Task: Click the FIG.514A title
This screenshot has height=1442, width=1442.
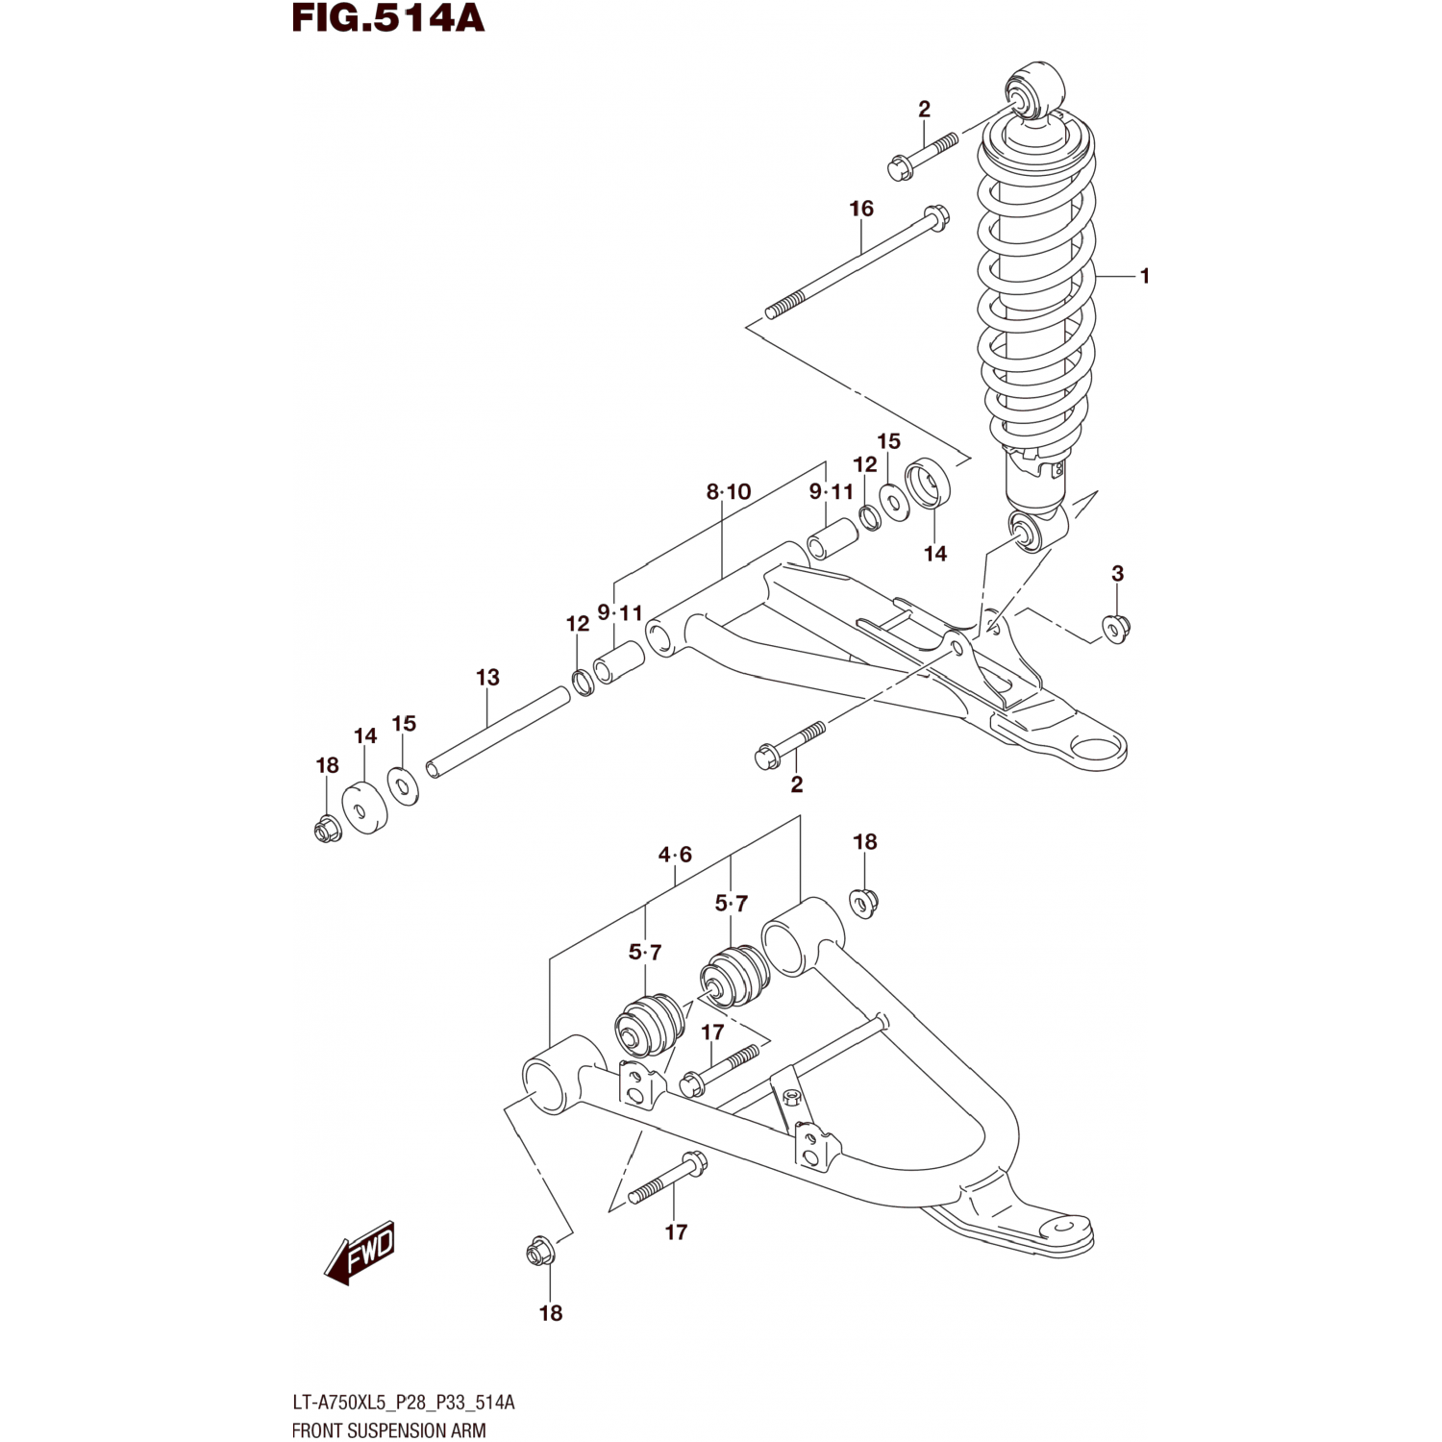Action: click(x=388, y=18)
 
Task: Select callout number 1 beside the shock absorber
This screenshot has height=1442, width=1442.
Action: click(x=1144, y=276)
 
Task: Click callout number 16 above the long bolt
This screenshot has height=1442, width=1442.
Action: click(x=861, y=209)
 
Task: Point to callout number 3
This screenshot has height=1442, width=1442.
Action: click(x=1117, y=574)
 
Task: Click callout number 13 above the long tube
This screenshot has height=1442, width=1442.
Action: click(x=487, y=678)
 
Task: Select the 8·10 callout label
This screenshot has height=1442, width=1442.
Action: click(x=728, y=492)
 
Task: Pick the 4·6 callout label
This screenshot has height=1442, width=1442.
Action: click(x=675, y=855)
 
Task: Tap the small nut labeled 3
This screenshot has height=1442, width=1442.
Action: click(x=1116, y=628)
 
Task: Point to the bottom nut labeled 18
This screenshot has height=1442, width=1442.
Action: click(x=539, y=1253)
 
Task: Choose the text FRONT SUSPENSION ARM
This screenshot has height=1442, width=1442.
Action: click(x=388, y=1430)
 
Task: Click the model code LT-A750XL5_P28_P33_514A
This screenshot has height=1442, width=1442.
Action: click(x=403, y=1403)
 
